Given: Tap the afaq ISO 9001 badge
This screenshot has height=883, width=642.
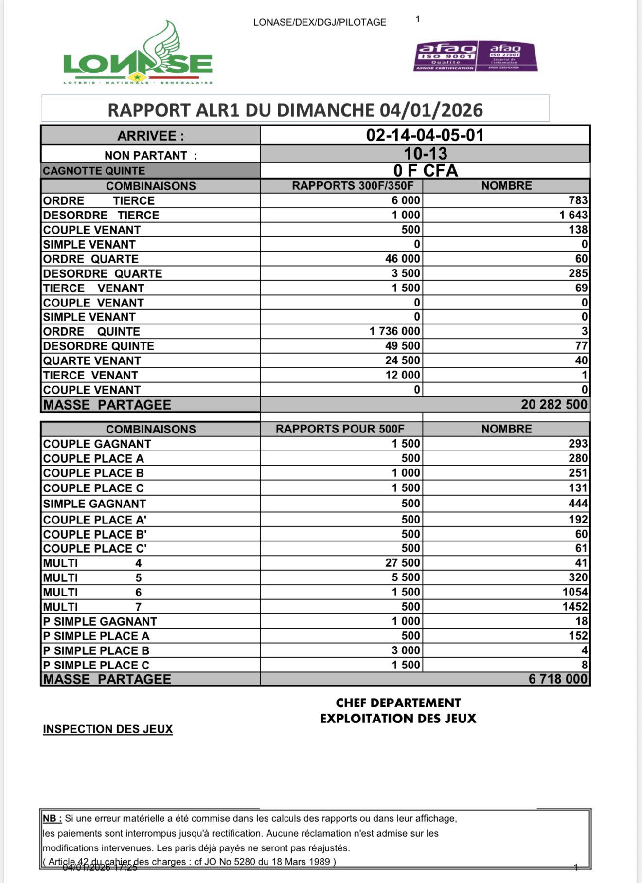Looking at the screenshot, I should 446,56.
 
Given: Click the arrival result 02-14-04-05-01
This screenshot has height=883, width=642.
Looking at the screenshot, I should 425,135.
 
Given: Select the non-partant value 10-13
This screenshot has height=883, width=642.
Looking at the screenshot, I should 425,154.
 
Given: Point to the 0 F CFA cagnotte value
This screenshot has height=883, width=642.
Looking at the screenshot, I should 425,171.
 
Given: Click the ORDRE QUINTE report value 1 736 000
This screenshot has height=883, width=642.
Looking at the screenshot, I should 394,331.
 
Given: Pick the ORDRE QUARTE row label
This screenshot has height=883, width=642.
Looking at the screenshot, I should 91,259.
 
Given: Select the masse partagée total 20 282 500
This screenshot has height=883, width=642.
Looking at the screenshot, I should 554,405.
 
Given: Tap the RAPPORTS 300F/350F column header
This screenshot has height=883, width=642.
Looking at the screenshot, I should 353,186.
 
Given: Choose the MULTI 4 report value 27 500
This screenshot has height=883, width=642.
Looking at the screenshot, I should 402,563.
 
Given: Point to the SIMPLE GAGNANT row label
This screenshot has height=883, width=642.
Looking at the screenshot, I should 94,504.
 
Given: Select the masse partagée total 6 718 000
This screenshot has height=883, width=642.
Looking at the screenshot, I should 558,679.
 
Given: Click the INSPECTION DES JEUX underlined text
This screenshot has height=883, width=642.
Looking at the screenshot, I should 108,729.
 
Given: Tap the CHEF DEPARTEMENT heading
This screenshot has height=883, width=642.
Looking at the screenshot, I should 398,703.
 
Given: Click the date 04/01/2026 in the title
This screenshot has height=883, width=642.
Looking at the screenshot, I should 431,110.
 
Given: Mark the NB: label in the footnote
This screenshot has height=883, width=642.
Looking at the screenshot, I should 52,819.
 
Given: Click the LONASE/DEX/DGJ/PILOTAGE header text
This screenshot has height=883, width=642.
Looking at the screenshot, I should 320,22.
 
